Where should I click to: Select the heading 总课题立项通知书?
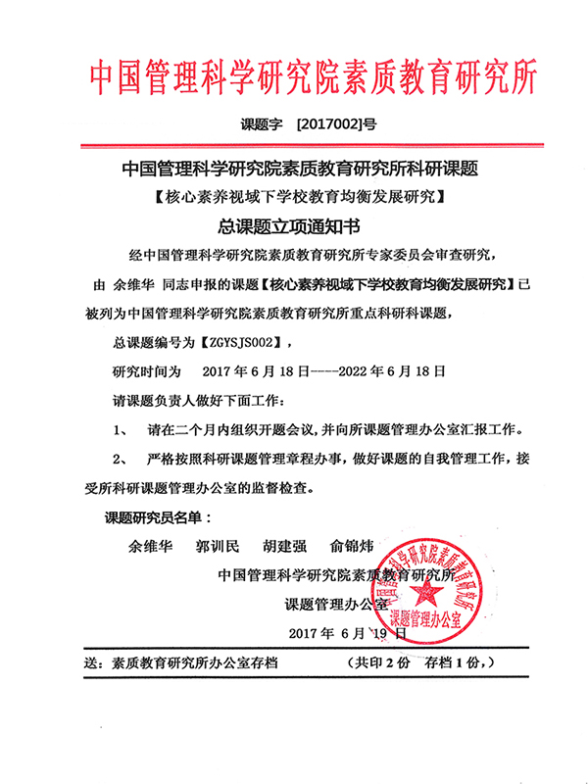pos(293,228)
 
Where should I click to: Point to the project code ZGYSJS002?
pos(243,343)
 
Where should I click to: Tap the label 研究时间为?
pos(148,372)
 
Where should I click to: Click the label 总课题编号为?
pos(154,343)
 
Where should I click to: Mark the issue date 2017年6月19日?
pos(348,632)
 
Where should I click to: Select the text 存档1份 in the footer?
pos(451,662)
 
